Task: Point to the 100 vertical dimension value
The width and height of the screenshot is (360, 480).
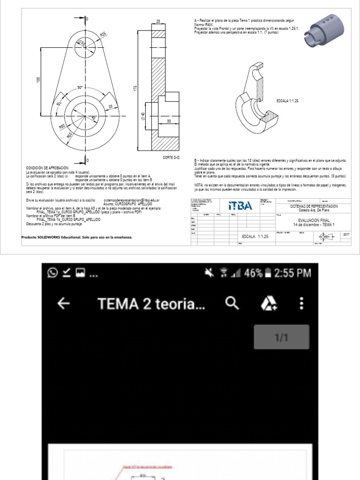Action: [38, 80]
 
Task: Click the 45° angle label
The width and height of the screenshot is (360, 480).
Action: [59, 104]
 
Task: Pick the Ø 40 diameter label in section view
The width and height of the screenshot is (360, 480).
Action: [142, 116]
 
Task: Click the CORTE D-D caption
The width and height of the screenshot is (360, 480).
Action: [171, 157]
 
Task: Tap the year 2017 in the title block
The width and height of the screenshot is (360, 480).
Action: [346, 234]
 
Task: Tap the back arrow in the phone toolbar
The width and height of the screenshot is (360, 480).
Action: [63, 304]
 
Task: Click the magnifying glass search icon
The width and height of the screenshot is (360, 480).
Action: [232, 304]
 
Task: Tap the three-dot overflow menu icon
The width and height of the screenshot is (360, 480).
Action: [301, 304]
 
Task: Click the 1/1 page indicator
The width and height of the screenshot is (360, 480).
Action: [281, 337]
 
